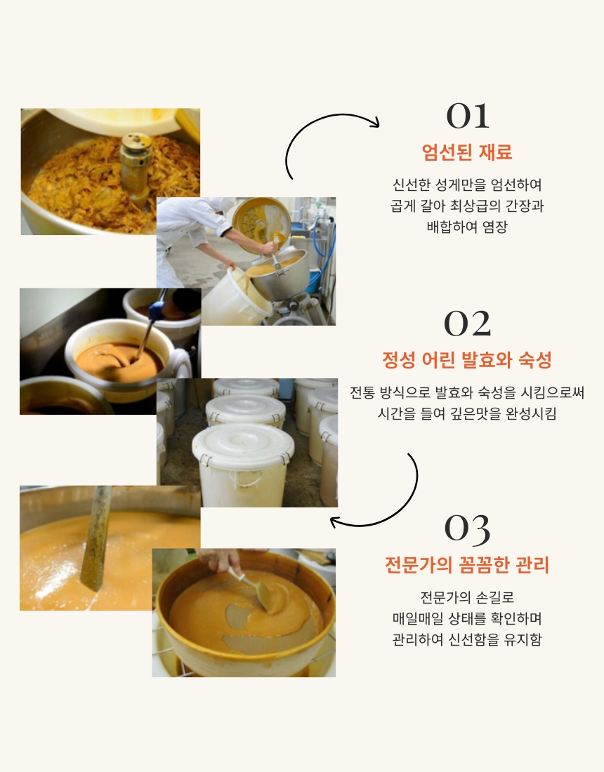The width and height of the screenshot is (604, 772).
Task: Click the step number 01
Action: [x=467, y=117]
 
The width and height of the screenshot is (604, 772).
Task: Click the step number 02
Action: [x=467, y=324]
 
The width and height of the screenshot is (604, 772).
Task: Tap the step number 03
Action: [x=467, y=530]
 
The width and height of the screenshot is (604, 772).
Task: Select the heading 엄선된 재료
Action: [x=467, y=152]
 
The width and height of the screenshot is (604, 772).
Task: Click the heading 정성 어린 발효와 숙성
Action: [x=467, y=360]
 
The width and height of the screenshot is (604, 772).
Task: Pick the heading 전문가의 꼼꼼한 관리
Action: [x=467, y=565]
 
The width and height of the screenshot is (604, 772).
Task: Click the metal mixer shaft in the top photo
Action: [x=136, y=168]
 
